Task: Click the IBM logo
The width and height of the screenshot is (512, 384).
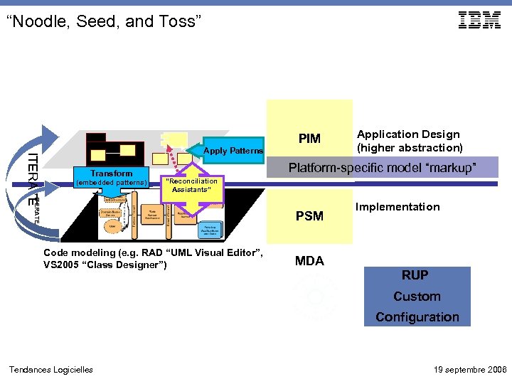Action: click(479, 21)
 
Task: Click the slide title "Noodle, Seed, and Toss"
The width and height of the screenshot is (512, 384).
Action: click(104, 22)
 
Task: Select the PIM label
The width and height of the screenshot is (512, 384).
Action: click(309, 139)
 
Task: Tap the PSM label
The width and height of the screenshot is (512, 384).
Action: click(309, 215)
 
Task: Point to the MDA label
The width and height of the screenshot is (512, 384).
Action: click(309, 261)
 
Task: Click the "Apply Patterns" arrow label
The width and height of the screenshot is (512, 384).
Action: click(233, 151)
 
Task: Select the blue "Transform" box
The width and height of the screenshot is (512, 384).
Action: click(112, 174)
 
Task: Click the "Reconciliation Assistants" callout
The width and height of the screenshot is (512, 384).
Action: click(191, 186)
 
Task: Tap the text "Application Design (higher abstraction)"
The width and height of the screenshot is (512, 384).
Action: click(409, 141)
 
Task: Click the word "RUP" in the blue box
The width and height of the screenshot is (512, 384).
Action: click(415, 275)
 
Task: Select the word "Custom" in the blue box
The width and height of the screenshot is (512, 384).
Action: click(417, 297)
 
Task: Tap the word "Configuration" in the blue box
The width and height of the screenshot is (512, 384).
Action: click(417, 317)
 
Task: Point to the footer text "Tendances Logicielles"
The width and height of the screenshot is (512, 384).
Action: click(50, 369)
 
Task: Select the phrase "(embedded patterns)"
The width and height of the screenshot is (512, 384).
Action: click(111, 183)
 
